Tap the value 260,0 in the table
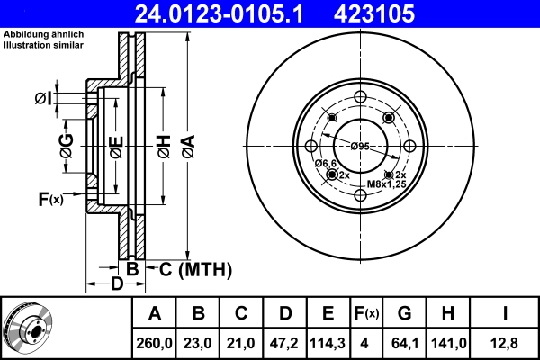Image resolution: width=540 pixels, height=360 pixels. tap(155, 342)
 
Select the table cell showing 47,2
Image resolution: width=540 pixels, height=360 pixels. tap(285, 342)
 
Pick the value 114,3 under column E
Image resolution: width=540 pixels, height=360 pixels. tap(328, 342)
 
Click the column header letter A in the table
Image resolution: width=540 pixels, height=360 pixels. tap(155, 313)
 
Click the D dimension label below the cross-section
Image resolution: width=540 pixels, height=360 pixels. tap(117, 285)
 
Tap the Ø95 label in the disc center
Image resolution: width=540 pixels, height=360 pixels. tap(360, 147)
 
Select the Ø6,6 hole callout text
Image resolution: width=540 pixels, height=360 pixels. tap(325, 162)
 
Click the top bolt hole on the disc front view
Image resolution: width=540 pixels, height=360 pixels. tap(360, 97)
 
